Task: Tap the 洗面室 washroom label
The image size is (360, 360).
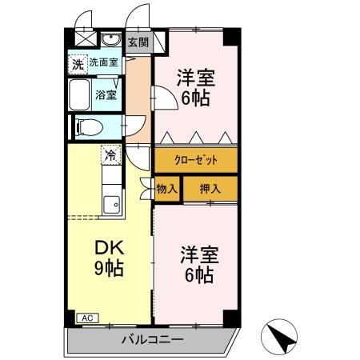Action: point(103,62)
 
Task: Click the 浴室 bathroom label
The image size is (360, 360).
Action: point(106,94)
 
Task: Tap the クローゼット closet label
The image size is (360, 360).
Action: point(196,160)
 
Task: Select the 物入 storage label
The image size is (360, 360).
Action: point(166,189)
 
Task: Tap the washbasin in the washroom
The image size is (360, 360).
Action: point(112,42)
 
